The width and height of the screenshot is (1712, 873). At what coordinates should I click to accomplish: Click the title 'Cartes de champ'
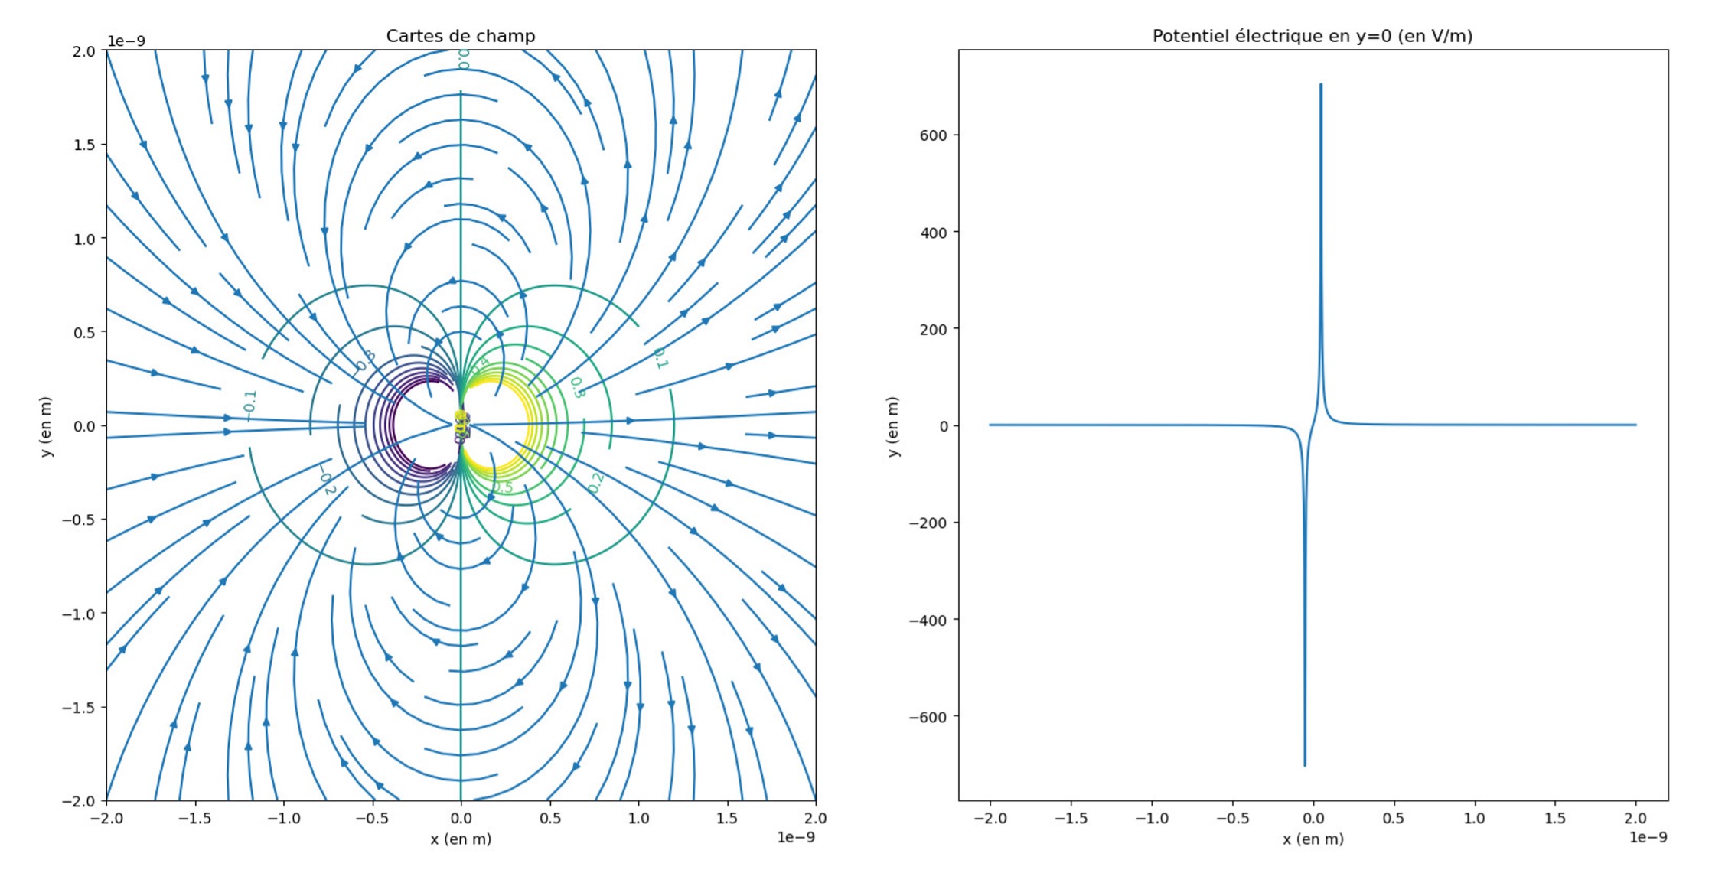click(460, 36)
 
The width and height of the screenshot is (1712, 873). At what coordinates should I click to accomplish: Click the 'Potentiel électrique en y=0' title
click(1312, 36)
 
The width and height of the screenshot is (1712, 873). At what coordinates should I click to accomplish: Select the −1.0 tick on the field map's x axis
click(283, 818)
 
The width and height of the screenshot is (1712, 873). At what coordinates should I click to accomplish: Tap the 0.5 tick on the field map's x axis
click(549, 818)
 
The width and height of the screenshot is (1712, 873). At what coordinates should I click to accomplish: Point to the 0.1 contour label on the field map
click(660, 358)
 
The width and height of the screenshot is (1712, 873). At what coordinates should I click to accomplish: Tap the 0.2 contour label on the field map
click(595, 483)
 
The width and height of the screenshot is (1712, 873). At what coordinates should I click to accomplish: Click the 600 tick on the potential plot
click(934, 135)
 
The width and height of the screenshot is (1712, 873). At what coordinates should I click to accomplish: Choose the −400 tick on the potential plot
click(928, 621)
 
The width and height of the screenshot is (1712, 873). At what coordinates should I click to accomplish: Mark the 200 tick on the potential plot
click(934, 329)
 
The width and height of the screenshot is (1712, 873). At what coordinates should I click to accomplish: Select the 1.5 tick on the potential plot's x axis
click(1554, 818)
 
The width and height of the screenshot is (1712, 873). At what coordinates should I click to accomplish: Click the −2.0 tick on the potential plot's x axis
click(990, 818)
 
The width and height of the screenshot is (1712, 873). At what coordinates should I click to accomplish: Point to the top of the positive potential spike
click(1320, 85)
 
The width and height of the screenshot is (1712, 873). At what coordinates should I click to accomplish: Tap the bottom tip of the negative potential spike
click(1304, 765)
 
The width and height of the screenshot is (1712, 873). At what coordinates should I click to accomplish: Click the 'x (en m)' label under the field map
click(460, 839)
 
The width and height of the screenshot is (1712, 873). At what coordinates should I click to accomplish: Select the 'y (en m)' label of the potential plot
click(892, 426)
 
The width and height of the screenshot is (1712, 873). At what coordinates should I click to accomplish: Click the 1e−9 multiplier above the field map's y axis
click(126, 41)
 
